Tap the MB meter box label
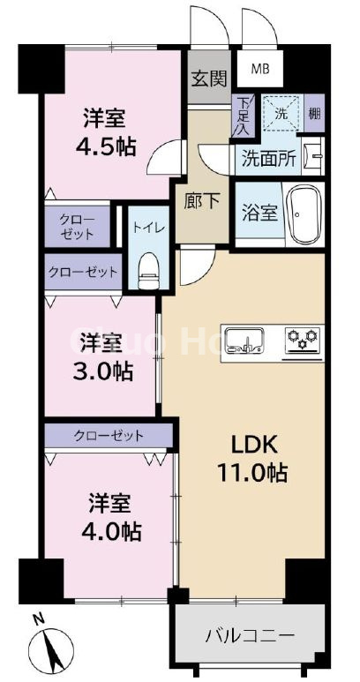(262, 68)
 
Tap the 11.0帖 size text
(252, 473)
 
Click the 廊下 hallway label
(204, 200)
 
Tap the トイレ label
(146, 227)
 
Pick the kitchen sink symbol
(244, 339)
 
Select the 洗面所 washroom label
(269, 160)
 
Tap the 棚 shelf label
(314, 114)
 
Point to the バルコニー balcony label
(250, 635)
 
